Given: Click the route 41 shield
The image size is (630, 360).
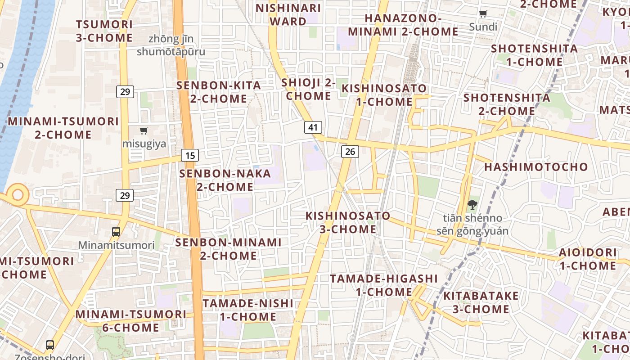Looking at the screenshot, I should coord(313,127).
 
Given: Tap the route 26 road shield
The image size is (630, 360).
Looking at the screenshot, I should coord(350,152).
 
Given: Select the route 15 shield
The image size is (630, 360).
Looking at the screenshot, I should coord(190,156).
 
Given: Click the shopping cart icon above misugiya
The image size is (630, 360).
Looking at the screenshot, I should coord(144,130).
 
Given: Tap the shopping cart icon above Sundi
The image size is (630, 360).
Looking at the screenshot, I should coord(483,13).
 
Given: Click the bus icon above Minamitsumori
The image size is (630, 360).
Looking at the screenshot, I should coord(116,232).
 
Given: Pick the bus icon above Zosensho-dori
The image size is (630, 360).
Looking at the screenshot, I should coord(50,345).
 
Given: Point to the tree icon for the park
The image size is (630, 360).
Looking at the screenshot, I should coord(472,205).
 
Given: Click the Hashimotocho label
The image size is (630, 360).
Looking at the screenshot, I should coord(536,167).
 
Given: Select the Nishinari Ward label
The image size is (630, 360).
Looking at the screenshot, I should coord(288,14).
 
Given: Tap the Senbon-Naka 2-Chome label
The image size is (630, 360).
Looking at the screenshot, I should coord(225,180).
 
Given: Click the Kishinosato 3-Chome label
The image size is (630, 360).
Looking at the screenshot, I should coord(348,222).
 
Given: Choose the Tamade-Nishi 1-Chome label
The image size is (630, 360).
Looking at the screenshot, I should coord(248,310).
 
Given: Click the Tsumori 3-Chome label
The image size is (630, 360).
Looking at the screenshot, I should coord(104,31).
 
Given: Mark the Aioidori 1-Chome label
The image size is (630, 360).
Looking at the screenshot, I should coord(588,259).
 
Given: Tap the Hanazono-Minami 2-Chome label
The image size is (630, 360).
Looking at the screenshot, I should coord(403,25).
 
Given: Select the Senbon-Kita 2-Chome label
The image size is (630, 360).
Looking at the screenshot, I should coord(219,92).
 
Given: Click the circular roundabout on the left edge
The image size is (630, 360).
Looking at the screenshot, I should coord(18,195).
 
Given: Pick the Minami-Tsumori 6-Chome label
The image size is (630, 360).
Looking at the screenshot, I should coord(130,320).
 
